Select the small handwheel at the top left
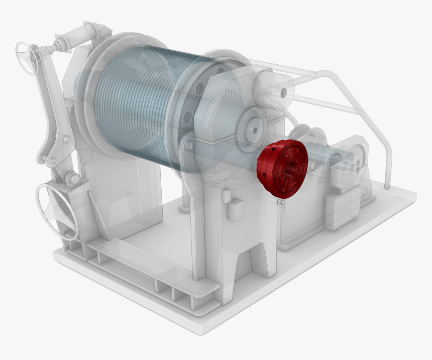tap(27, 57)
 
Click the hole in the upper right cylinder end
tap(284, 92)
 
